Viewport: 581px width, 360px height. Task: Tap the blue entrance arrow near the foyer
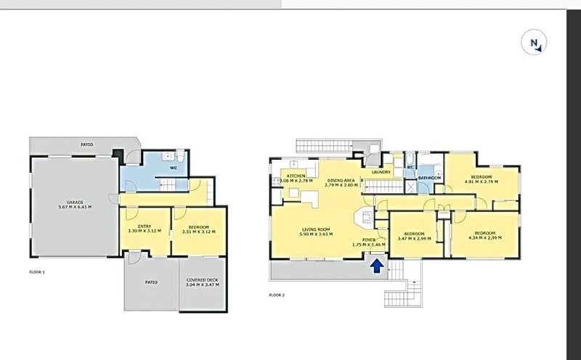[378, 267]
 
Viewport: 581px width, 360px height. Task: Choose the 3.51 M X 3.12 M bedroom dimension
[198, 231]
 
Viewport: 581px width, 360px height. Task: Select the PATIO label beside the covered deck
[150, 281]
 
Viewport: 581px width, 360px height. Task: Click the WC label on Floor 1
[174, 167]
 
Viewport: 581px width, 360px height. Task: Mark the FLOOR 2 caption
[276, 295]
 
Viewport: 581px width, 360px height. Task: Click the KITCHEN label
[295, 176]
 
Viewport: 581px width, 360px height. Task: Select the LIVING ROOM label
[317, 229]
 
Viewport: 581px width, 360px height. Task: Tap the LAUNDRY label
[381, 172]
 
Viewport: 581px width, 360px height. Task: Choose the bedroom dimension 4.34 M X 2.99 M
[485, 238]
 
